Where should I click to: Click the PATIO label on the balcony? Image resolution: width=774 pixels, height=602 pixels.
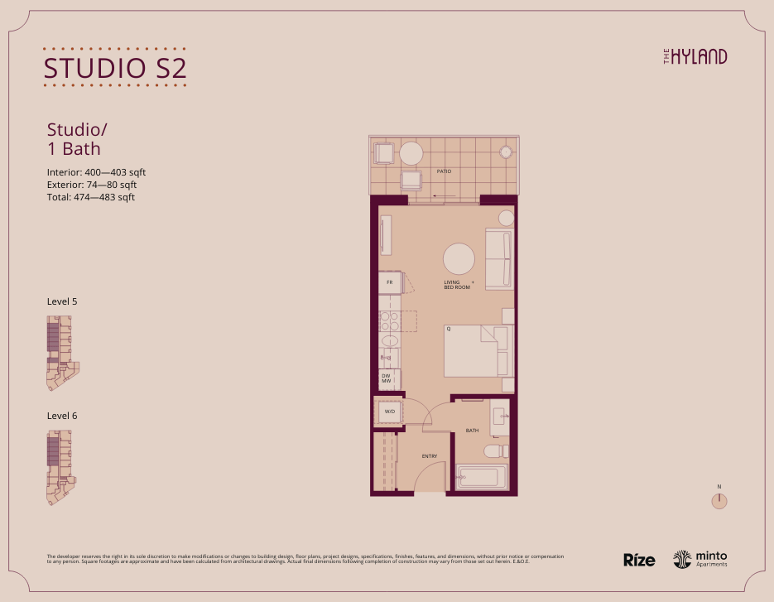(444, 171)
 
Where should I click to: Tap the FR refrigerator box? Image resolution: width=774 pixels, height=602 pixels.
(389, 282)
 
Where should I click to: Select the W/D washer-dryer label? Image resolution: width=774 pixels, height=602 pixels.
(389, 411)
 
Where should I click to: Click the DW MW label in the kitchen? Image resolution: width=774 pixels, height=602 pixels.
(386, 378)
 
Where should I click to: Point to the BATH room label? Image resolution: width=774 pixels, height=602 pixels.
(472, 431)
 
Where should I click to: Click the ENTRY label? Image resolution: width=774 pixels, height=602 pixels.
(429, 456)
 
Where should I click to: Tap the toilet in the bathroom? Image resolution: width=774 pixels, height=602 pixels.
(493, 451)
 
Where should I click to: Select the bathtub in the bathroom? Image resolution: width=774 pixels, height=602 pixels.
(478, 478)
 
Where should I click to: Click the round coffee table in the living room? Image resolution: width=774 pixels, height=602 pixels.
(459, 258)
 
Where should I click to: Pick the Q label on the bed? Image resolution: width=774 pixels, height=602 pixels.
(449, 329)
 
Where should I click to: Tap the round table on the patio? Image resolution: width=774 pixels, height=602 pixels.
(411, 153)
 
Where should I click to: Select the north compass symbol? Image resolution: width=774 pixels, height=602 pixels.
(720, 500)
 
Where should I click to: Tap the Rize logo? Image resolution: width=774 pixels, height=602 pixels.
(639, 560)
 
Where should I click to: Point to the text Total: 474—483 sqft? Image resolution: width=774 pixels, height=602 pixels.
(91, 197)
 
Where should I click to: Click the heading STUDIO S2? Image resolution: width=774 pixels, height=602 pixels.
(114, 67)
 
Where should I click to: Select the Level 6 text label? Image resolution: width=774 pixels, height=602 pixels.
(62, 415)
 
